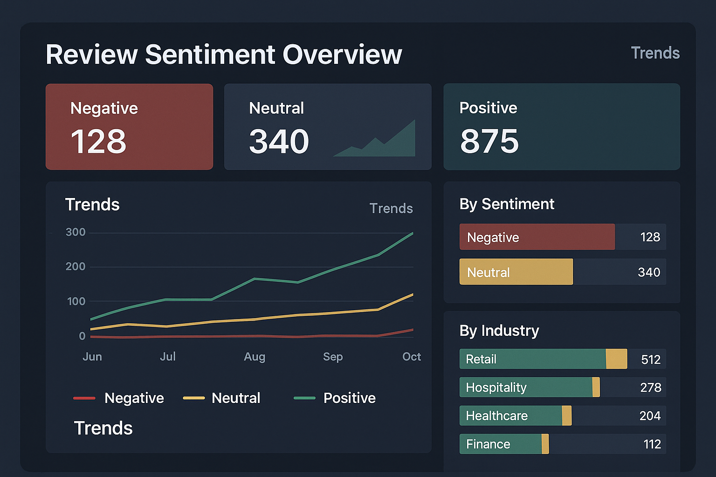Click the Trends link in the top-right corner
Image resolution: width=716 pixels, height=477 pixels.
pyautogui.click(x=655, y=53)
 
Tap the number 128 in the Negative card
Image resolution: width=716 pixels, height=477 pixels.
pyautogui.click(x=98, y=142)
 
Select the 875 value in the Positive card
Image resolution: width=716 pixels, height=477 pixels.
pyautogui.click(x=489, y=142)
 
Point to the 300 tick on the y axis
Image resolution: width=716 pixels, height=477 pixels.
pyautogui.click(x=76, y=232)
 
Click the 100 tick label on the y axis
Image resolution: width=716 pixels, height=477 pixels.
pyautogui.click(x=76, y=301)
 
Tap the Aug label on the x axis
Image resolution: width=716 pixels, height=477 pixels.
pyautogui.click(x=254, y=357)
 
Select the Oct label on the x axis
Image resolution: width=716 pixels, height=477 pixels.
pyautogui.click(x=411, y=357)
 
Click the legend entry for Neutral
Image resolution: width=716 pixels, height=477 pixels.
pyautogui.click(x=235, y=398)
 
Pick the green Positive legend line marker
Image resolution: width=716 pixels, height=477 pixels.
pyautogui.click(x=304, y=398)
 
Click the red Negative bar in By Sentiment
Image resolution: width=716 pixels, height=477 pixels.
pyautogui.click(x=537, y=237)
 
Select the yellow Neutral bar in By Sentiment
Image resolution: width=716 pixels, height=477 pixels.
pyautogui.click(x=516, y=272)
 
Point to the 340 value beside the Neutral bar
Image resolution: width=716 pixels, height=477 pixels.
pyautogui.click(x=648, y=272)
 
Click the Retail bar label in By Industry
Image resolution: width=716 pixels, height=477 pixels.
pyautogui.click(x=481, y=359)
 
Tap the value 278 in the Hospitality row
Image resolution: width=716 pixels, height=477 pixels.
pyautogui.click(x=650, y=388)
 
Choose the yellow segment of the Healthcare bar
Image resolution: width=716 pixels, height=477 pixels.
pyautogui.click(x=566, y=416)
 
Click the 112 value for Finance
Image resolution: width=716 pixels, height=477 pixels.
pyautogui.click(x=652, y=444)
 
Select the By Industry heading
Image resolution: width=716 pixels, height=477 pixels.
pyautogui.click(x=499, y=331)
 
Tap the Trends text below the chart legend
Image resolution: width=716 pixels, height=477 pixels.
pyautogui.click(x=103, y=428)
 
